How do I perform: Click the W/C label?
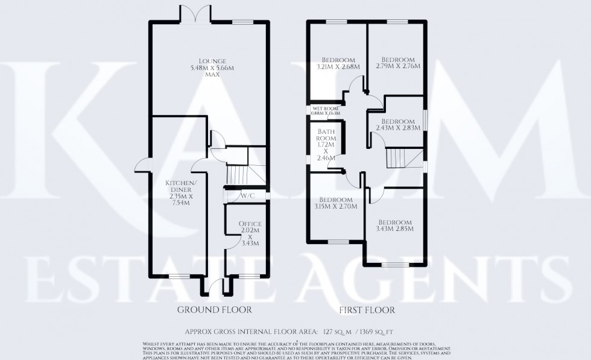(246, 196)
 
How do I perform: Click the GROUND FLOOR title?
(214, 310)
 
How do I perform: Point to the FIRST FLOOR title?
(367, 311)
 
